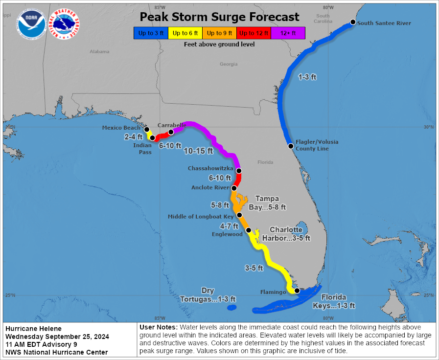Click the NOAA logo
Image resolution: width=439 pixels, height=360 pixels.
click(x=31, y=24)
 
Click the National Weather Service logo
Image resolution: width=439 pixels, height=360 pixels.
click(x=65, y=24)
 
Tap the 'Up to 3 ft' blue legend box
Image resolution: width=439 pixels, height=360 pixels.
click(x=150, y=33)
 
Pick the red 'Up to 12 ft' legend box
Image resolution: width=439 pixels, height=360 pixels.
click(x=254, y=33)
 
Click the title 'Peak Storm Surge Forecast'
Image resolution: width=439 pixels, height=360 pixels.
click(x=219, y=17)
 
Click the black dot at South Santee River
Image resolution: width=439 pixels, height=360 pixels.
click(x=353, y=22)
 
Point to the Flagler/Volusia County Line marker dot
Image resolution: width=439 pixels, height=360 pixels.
click(x=291, y=146)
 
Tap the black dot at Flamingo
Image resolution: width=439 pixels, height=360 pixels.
click(x=297, y=291)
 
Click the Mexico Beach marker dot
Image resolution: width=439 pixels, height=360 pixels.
click(x=147, y=129)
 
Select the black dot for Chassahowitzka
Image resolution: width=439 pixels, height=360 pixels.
click(x=239, y=171)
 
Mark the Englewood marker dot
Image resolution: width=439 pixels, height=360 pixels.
click(x=248, y=230)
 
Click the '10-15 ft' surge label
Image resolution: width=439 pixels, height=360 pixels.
click(x=198, y=151)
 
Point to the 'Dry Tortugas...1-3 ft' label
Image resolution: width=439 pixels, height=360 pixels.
click(x=208, y=295)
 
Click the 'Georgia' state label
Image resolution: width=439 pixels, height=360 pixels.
click(x=229, y=64)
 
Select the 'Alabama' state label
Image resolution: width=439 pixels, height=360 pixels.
click(x=99, y=51)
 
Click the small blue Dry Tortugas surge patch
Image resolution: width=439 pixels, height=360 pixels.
click(x=231, y=307)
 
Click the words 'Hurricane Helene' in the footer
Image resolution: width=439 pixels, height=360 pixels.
click(x=33, y=329)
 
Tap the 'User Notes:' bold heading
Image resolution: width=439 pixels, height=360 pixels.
click(x=159, y=327)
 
